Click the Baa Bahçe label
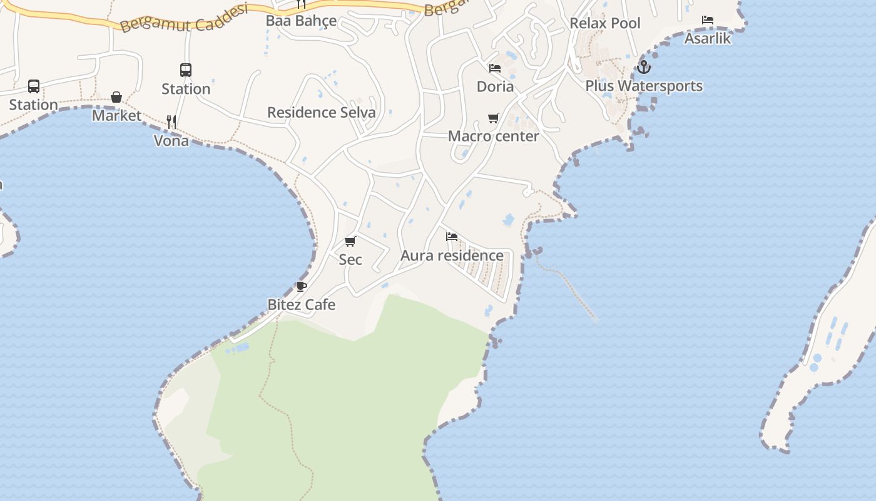coord(301,21)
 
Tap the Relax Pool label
coord(604,23)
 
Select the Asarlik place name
coord(708,38)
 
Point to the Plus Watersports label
coord(644,86)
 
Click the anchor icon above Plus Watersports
coord(644,66)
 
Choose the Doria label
coord(495,86)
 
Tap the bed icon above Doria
coord(495,68)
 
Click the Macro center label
coord(493,136)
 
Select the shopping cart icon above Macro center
coord(494,118)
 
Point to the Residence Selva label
coord(321,113)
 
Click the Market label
coord(116,116)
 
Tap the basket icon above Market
coord(116,97)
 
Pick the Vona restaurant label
coord(171,141)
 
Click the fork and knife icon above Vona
coord(171,121)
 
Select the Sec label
coord(350,259)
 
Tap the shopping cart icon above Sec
coord(350,241)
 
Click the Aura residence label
coord(452,256)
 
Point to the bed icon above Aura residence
coord(452,237)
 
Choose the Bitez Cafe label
coord(302,305)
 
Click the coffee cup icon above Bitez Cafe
coord(302,286)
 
